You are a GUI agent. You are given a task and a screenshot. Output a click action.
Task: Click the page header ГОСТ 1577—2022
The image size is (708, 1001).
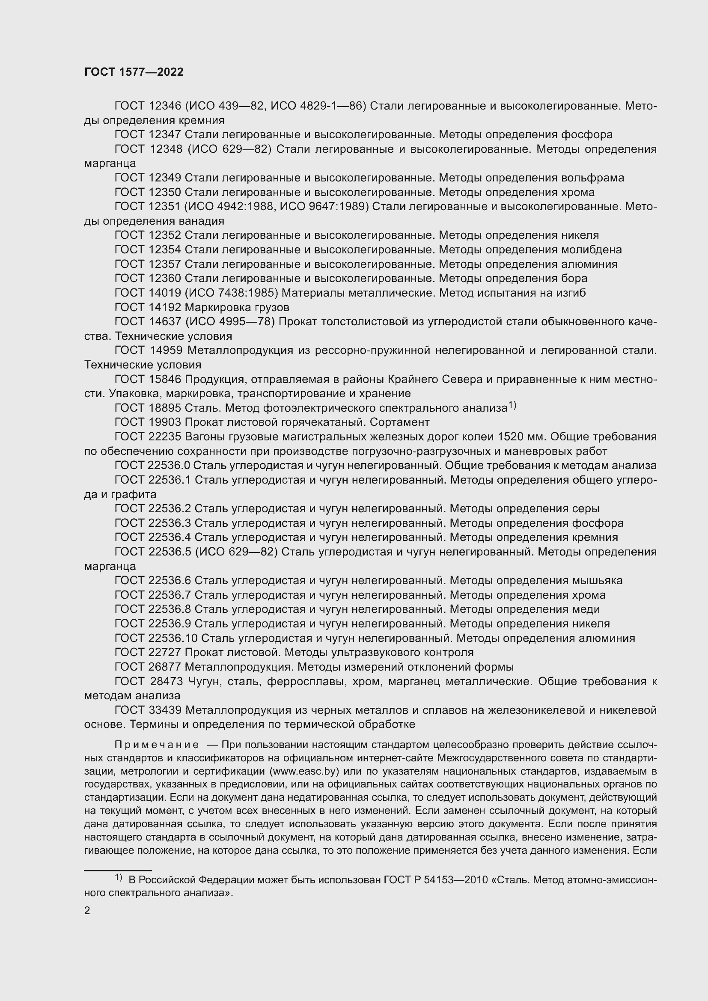(134, 72)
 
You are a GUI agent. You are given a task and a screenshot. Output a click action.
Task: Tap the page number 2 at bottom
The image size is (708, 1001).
(87, 910)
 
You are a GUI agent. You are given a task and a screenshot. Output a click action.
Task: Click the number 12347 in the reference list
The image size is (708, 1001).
(164, 135)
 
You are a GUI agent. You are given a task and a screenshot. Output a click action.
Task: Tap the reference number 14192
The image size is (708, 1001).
(164, 307)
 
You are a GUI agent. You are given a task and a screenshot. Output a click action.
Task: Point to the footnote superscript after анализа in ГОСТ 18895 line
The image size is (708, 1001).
(512, 405)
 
